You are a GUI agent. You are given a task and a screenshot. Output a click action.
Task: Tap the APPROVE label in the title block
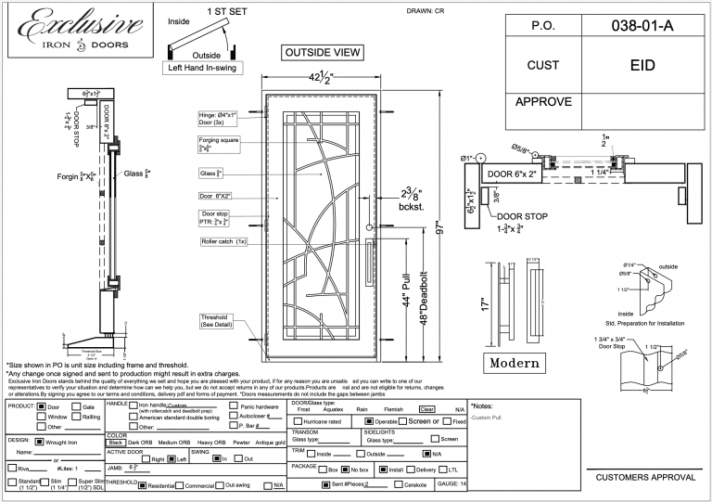coord(543,101)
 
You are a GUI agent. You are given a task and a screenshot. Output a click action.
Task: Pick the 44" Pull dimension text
coord(407,307)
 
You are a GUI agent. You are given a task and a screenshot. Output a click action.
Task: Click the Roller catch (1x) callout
coord(222,241)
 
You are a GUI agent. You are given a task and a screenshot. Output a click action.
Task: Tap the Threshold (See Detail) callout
coord(218,321)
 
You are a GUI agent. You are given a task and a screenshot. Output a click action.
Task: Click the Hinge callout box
coord(218,118)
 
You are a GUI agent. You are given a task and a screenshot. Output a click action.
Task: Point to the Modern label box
coord(521,361)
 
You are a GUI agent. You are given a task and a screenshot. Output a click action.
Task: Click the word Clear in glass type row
coord(427,409)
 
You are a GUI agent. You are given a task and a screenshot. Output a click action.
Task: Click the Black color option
coord(116,443)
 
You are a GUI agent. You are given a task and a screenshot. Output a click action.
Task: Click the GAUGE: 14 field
coord(451,484)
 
